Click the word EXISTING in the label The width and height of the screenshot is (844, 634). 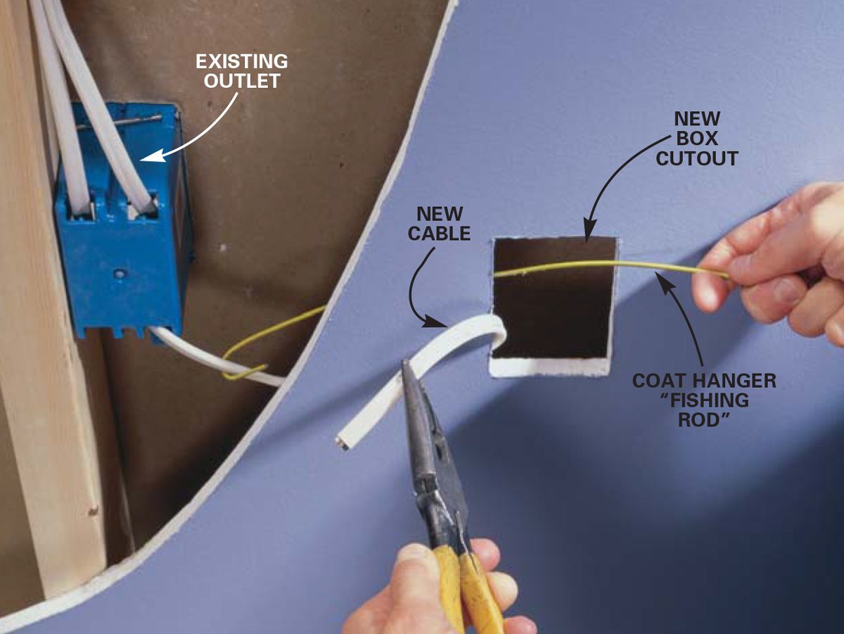(242, 61)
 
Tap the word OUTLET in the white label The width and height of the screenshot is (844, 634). (242, 81)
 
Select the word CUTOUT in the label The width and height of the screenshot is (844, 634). (697, 158)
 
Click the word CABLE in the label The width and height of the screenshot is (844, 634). (439, 234)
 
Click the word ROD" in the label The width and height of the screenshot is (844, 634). (704, 420)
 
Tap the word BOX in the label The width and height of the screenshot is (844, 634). (697, 139)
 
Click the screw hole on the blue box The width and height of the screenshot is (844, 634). (119, 274)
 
